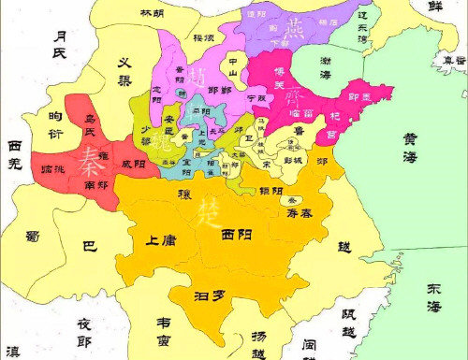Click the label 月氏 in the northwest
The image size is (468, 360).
[x=64, y=44]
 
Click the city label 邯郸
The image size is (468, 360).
[x=220, y=90]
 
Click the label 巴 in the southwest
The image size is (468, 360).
[x=89, y=247]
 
